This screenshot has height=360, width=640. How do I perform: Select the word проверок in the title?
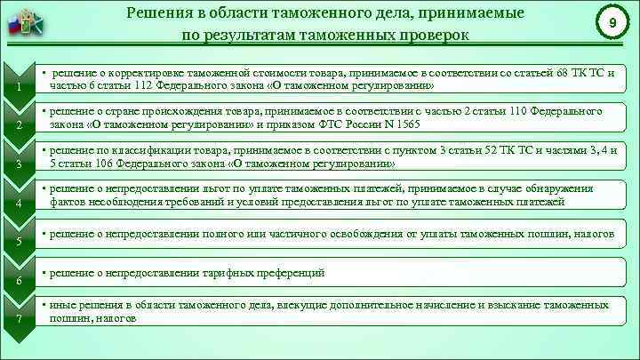(x=426, y=35)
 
